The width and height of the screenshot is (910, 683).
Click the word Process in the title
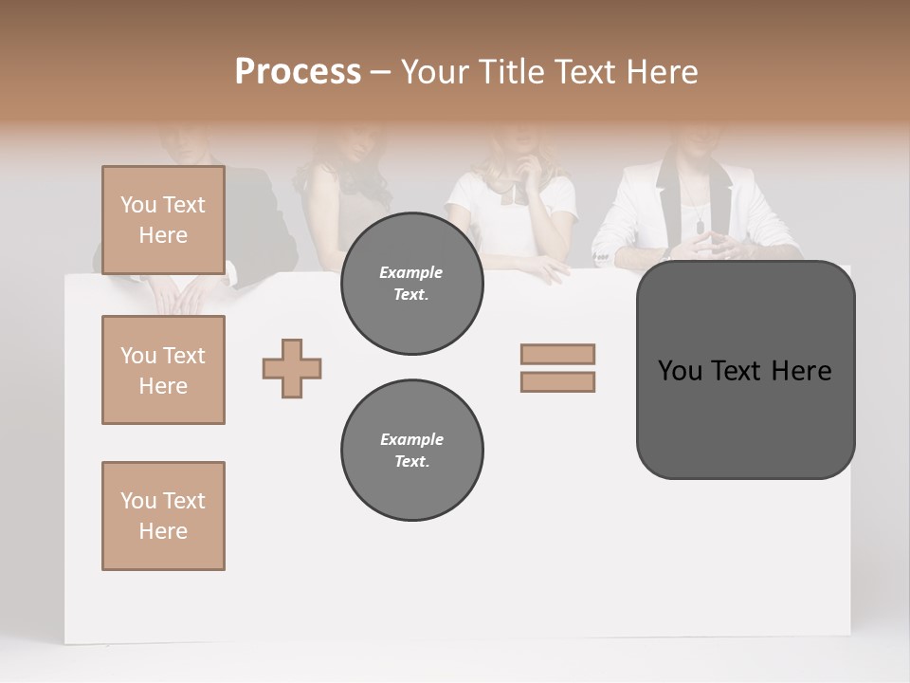(298, 71)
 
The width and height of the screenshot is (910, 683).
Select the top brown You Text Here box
(163, 220)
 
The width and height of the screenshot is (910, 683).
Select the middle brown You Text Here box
(163, 370)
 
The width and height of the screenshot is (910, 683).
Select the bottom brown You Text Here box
(163, 515)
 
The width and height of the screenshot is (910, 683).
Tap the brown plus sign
(292, 369)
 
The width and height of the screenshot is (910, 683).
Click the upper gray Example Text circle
(411, 284)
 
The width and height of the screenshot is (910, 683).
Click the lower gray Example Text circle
(411, 451)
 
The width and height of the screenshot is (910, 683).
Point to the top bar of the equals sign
(557, 354)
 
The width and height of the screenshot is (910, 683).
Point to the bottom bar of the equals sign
(557, 382)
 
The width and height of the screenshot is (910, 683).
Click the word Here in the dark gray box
(802, 371)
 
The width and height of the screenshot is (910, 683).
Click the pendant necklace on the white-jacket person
(700, 228)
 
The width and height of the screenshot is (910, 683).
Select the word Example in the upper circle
(411, 272)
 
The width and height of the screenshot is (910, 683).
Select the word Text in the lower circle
(411, 462)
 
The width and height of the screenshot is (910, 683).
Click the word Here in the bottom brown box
(163, 531)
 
